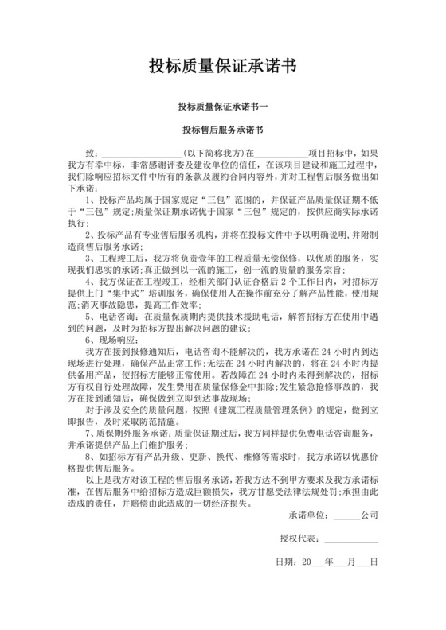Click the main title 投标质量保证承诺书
click(223, 67)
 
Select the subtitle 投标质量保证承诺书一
click(223, 107)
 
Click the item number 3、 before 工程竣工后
click(88, 259)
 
